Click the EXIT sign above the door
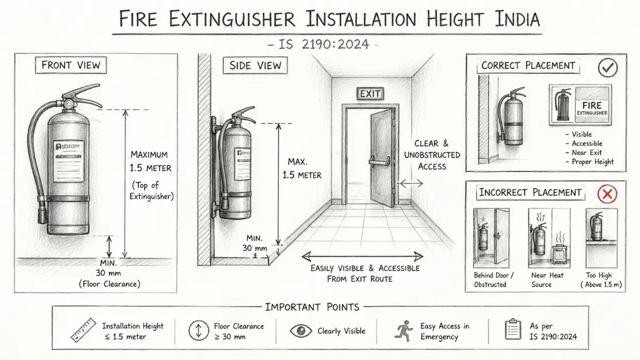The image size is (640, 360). click(370, 94)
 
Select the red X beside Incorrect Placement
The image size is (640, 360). click(606, 194)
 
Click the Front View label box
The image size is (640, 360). click(71, 66)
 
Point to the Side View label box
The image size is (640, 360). click(255, 66)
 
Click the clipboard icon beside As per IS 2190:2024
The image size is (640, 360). click(513, 330)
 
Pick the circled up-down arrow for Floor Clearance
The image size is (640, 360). click(198, 331)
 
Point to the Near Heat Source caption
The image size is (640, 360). click(548, 280)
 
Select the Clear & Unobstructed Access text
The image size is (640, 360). click(431, 155)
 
